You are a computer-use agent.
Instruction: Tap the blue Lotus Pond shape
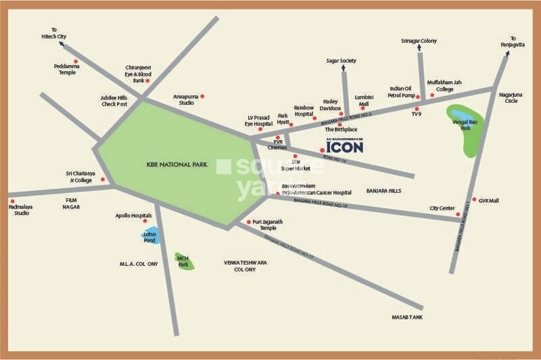pyautogui.click(x=150, y=235)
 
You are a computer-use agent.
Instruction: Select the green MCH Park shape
pyautogui.click(x=183, y=260)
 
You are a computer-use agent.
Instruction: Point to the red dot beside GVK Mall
pyautogui.click(x=474, y=200)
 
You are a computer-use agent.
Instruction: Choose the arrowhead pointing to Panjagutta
pyautogui.click(x=508, y=55)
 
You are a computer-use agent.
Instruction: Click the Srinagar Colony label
pyautogui.click(x=419, y=41)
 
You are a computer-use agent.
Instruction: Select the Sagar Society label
pyautogui.click(x=341, y=61)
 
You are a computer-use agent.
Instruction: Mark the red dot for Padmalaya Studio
pyautogui.click(x=12, y=201)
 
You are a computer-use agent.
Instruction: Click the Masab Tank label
pyautogui.click(x=406, y=317)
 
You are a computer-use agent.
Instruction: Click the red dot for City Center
pyautogui.click(x=458, y=215)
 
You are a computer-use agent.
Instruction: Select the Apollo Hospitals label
pyautogui.click(x=133, y=216)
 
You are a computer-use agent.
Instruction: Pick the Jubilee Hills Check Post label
pyautogui.click(x=114, y=101)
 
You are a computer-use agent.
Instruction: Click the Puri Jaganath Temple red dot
pyautogui.click(x=249, y=222)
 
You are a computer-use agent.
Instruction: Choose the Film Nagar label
pyautogui.click(x=72, y=203)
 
